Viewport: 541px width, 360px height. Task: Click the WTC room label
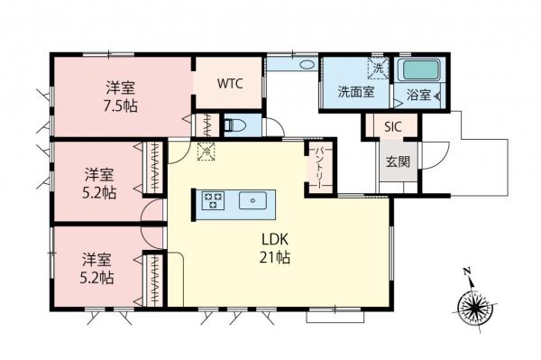coord(228,83)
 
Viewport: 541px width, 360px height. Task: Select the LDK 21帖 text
coord(276,248)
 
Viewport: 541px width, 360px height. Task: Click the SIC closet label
coord(394,128)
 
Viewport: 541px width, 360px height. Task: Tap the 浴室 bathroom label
coord(417,93)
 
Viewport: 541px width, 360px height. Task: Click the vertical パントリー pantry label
coord(318,167)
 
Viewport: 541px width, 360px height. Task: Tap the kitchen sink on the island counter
coord(253,200)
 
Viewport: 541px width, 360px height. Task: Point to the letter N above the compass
coord(467,271)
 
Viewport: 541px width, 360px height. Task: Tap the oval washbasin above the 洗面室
coord(304,64)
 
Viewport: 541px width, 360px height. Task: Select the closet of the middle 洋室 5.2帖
coord(155,167)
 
